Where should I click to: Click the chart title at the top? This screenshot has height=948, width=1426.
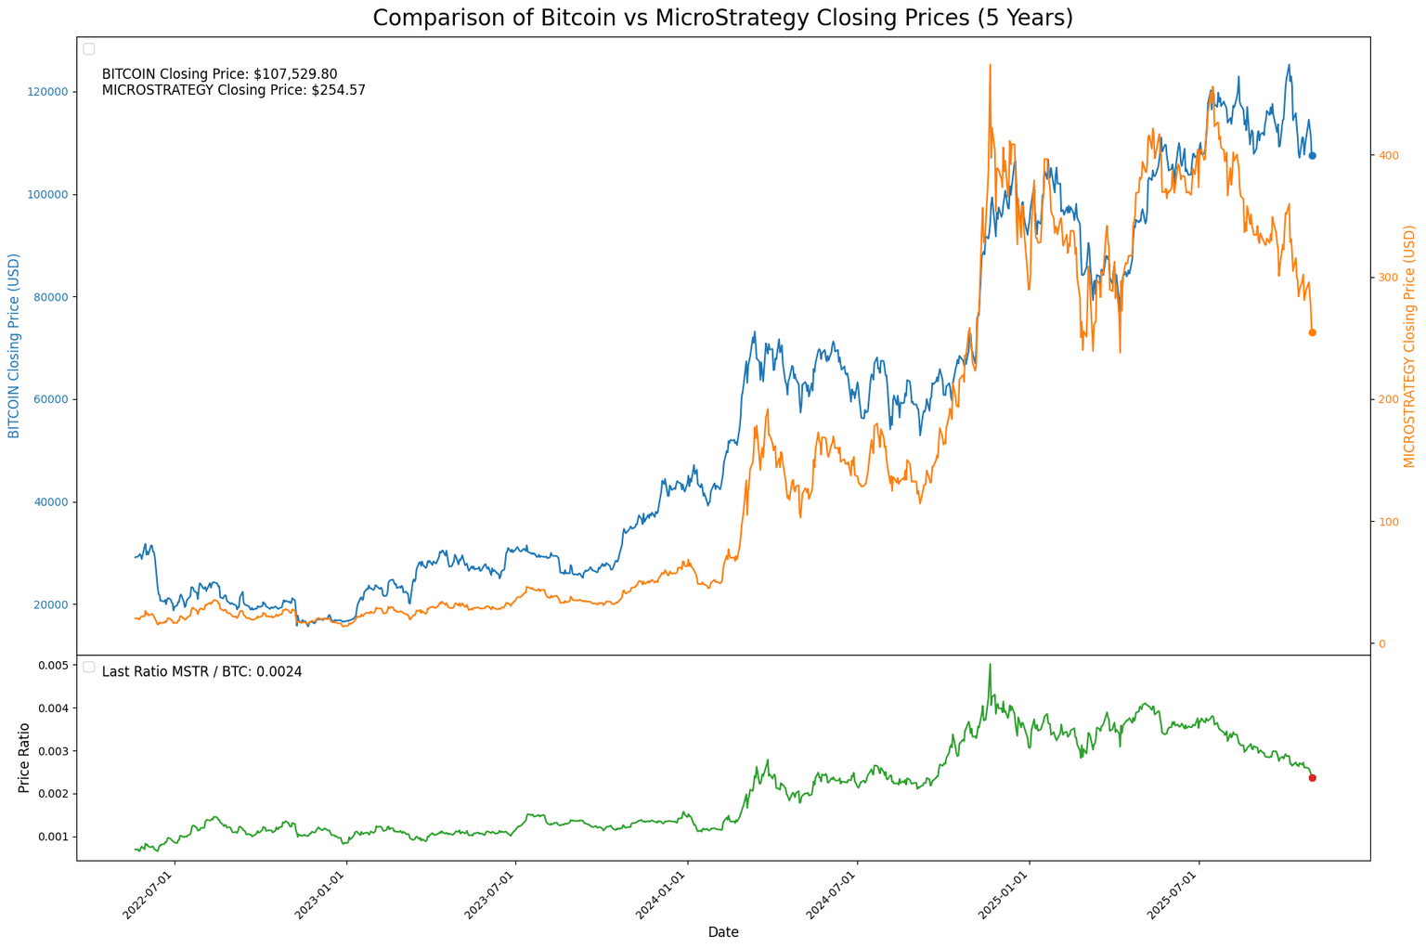[x=722, y=18]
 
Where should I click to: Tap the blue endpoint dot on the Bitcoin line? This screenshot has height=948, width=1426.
[x=1312, y=156]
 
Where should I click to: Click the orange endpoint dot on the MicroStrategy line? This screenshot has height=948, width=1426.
[x=1312, y=332]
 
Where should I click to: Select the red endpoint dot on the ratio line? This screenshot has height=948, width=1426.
[x=1312, y=778]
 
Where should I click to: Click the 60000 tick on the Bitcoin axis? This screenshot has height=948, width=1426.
[x=51, y=399]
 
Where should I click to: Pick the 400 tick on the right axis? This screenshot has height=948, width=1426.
[x=1389, y=155]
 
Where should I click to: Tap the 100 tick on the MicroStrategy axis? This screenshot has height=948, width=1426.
[x=1389, y=522]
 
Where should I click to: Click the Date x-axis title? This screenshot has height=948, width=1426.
[x=722, y=932]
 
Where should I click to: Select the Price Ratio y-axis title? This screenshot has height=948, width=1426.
[x=24, y=758]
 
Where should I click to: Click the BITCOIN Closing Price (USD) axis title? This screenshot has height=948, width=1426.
[x=14, y=345]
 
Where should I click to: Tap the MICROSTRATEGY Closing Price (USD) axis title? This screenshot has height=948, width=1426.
[x=1409, y=345]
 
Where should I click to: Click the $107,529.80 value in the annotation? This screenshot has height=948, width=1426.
[x=295, y=74]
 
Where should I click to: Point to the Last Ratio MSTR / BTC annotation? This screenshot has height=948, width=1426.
[x=201, y=671]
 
